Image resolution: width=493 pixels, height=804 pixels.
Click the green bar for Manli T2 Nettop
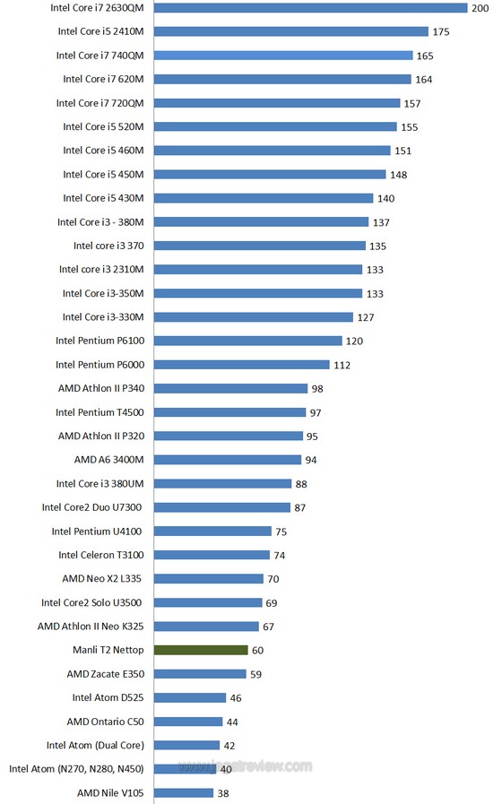(201, 650)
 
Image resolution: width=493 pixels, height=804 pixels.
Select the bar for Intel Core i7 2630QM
(311, 8)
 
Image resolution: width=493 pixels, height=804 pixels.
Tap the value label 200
(480, 8)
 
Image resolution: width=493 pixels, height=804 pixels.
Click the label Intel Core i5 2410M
(101, 31)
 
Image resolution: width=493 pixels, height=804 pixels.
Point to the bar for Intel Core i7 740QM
(283, 56)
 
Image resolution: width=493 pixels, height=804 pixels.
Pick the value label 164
(424, 80)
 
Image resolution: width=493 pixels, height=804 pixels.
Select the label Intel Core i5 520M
(104, 126)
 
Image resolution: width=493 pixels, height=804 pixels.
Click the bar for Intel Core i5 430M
(264, 198)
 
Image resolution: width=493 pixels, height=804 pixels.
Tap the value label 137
(381, 222)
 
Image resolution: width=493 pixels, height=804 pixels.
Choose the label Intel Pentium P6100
(100, 341)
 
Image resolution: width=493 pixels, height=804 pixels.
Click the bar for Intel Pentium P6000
(242, 365)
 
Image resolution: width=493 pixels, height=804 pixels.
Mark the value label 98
(317, 389)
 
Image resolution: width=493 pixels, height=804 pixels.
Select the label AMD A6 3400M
(108, 460)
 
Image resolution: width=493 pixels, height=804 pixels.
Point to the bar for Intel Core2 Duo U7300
(222, 507)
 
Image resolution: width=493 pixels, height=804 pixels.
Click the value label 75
(281, 532)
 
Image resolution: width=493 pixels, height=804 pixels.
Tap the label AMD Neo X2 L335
(101, 578)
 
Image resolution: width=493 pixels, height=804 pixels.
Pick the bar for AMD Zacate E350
(200, 674)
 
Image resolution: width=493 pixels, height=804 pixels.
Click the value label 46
(236, 698)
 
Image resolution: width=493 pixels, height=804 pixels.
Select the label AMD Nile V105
(110, 792)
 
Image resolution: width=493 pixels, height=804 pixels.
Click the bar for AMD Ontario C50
(188, 722)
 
